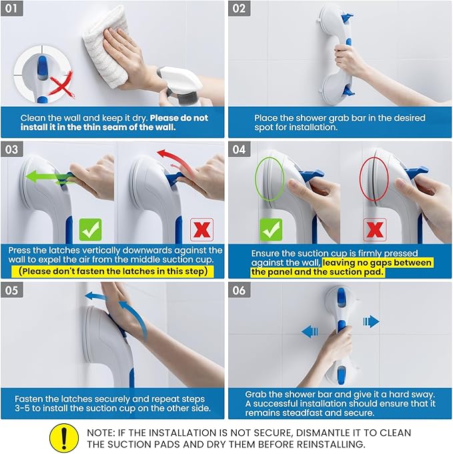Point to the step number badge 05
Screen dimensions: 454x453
pyautogui.click(x=13, y=290)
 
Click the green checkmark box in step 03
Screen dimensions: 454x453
pyautogui.click(x=91, y=230)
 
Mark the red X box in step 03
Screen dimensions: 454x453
pyautogui.click(x=201, y=230)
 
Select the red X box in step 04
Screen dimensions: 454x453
pyautogui.click(x=374, y=230)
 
